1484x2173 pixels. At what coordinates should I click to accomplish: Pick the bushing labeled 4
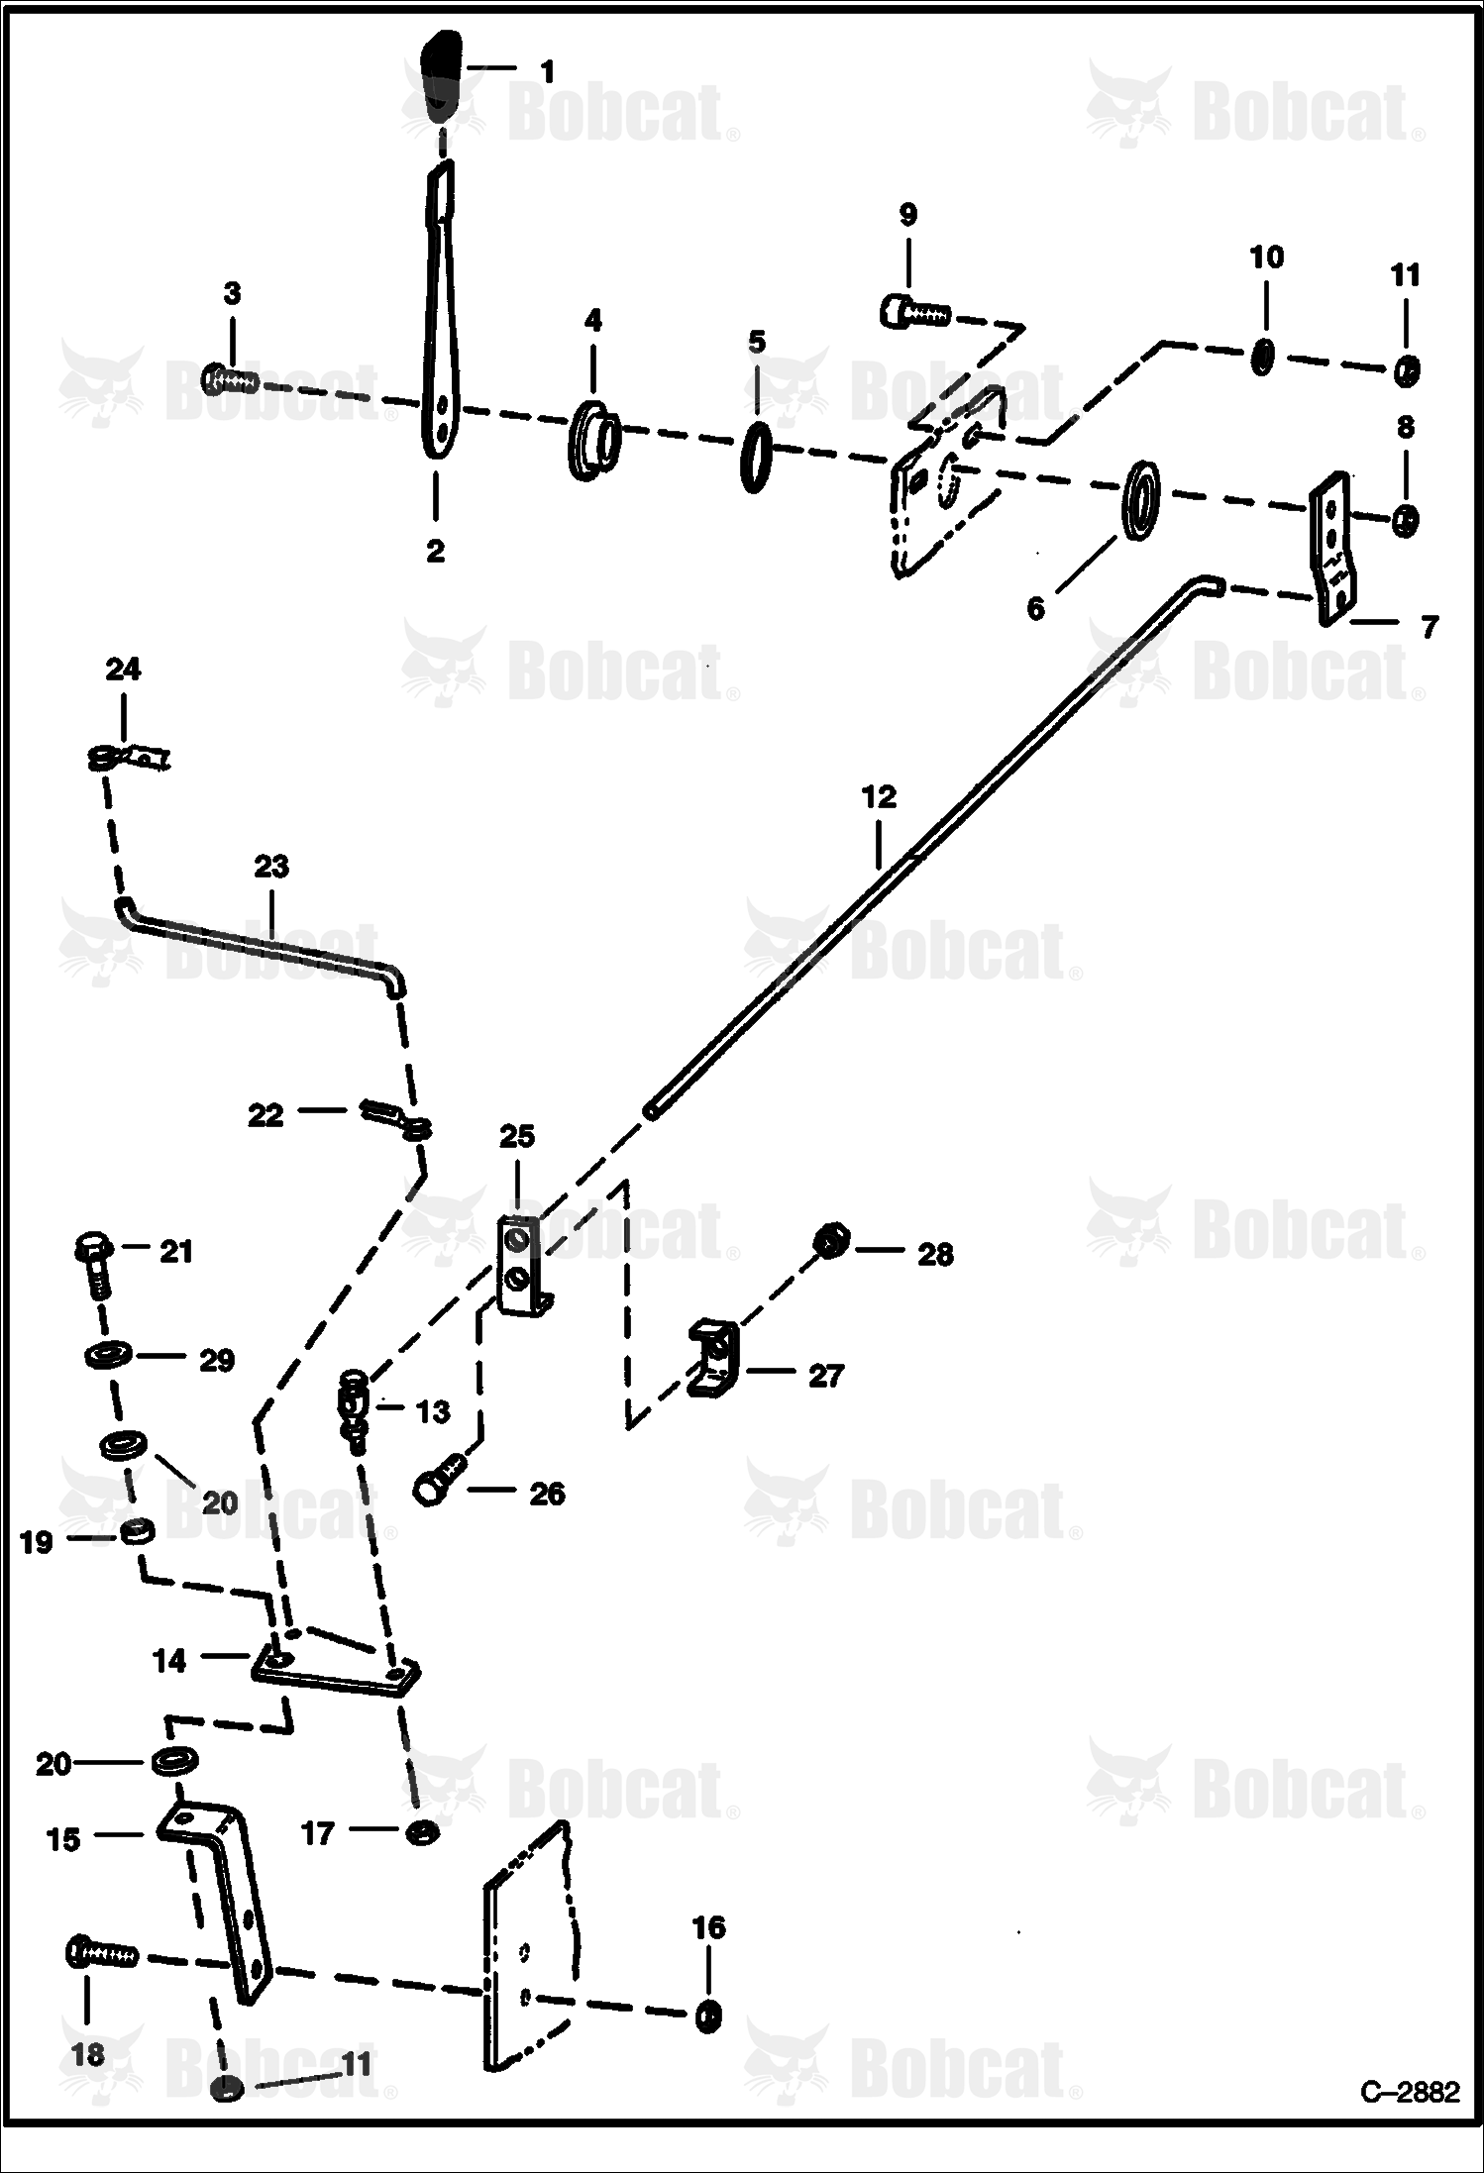[593, 440]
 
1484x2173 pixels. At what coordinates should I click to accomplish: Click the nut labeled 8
[1404, 520]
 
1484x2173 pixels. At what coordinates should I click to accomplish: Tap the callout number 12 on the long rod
[879, 797]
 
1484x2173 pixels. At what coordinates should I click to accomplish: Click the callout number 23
[271, 866]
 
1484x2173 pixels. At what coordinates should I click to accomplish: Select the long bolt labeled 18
[101, 1953]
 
